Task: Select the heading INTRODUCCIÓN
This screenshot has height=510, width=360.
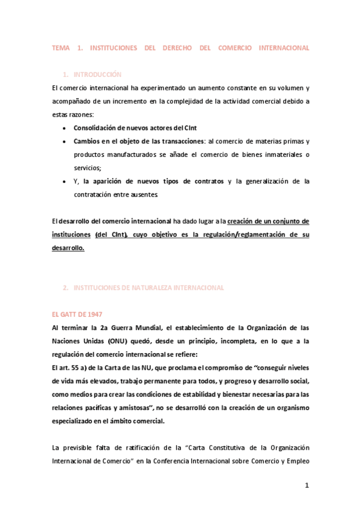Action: (x=97, y=75)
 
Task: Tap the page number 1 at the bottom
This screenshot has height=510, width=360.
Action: (x=306, y=486)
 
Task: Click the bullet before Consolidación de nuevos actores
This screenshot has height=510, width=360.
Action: (x=65, y=128)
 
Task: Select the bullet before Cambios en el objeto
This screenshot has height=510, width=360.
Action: (x=65, y=141)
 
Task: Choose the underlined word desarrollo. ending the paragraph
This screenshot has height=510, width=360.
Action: (x=69, y=248)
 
